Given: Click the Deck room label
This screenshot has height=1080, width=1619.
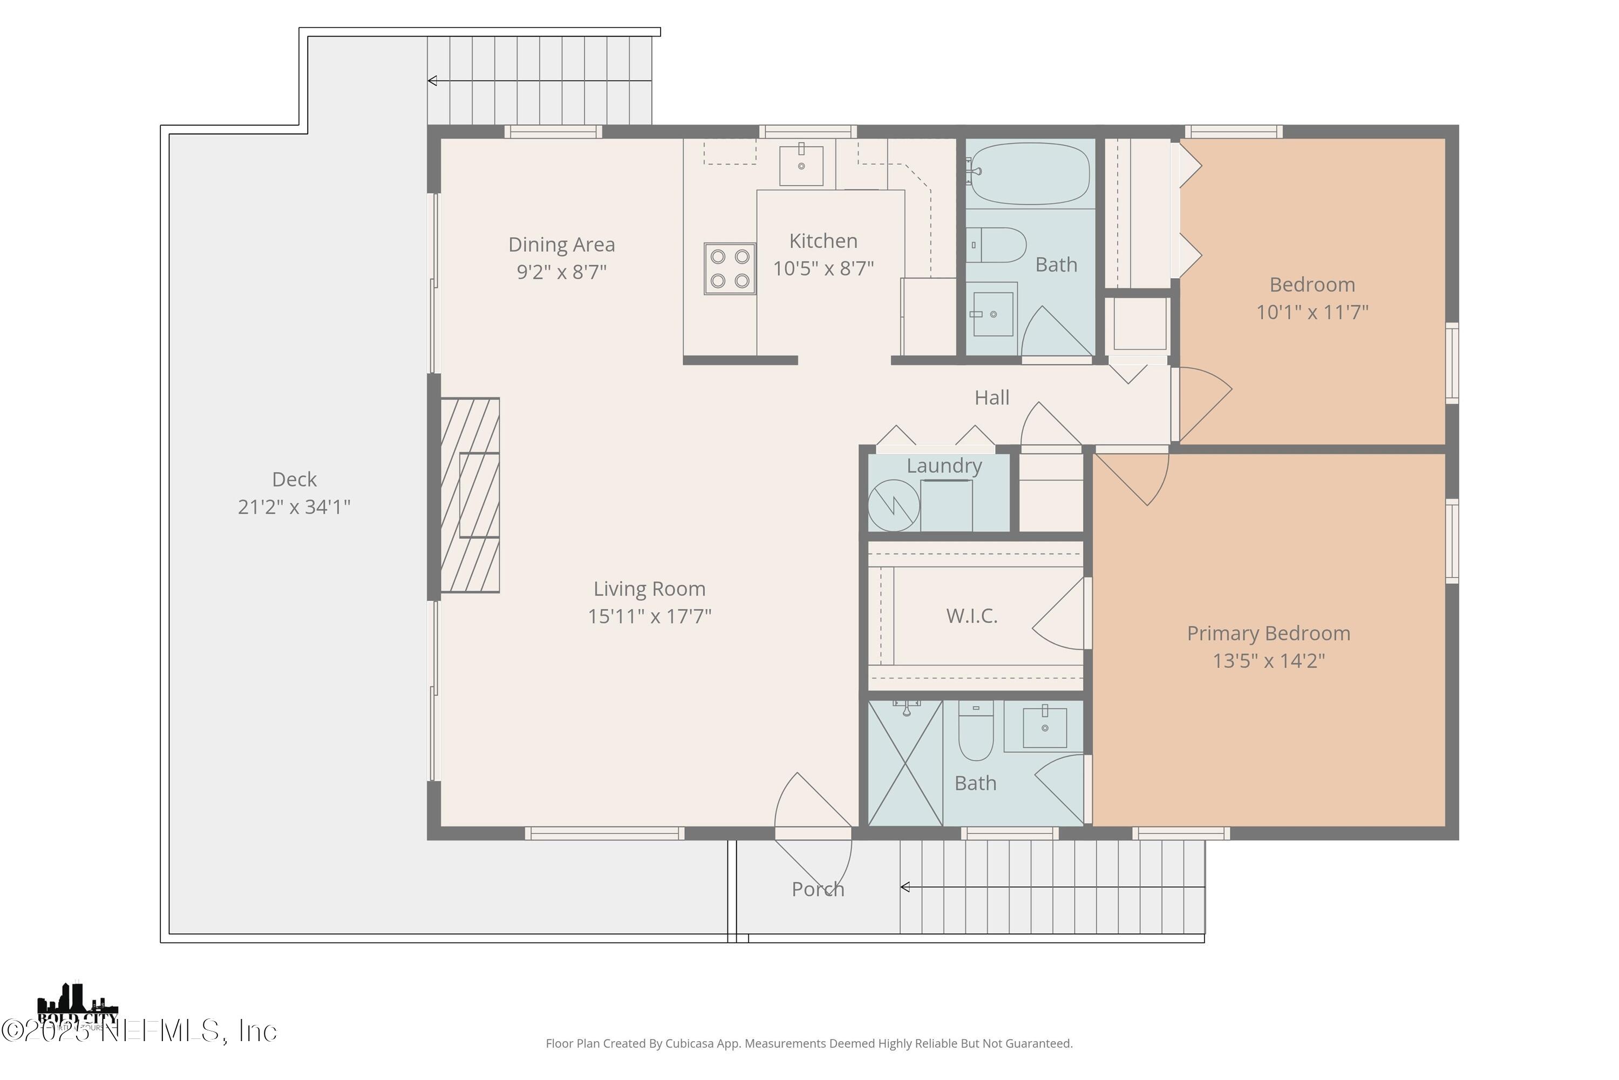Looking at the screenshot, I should pos(294,480).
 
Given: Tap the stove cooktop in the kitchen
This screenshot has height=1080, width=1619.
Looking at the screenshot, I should pos(730,268).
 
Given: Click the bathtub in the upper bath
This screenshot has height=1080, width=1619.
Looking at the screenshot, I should pos(1029,173).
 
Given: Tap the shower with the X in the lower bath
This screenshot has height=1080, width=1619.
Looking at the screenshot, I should pos(904,763).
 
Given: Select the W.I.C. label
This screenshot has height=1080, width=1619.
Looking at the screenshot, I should pos(971,616).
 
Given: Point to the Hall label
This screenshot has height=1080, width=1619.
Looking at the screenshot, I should pos(991,397).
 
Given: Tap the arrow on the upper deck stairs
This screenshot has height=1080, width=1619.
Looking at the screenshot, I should pos(432,80).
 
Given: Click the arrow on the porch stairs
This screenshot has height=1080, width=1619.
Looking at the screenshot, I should pos(905,887).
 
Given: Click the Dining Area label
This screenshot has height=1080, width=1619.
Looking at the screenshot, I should pos(561,245).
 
